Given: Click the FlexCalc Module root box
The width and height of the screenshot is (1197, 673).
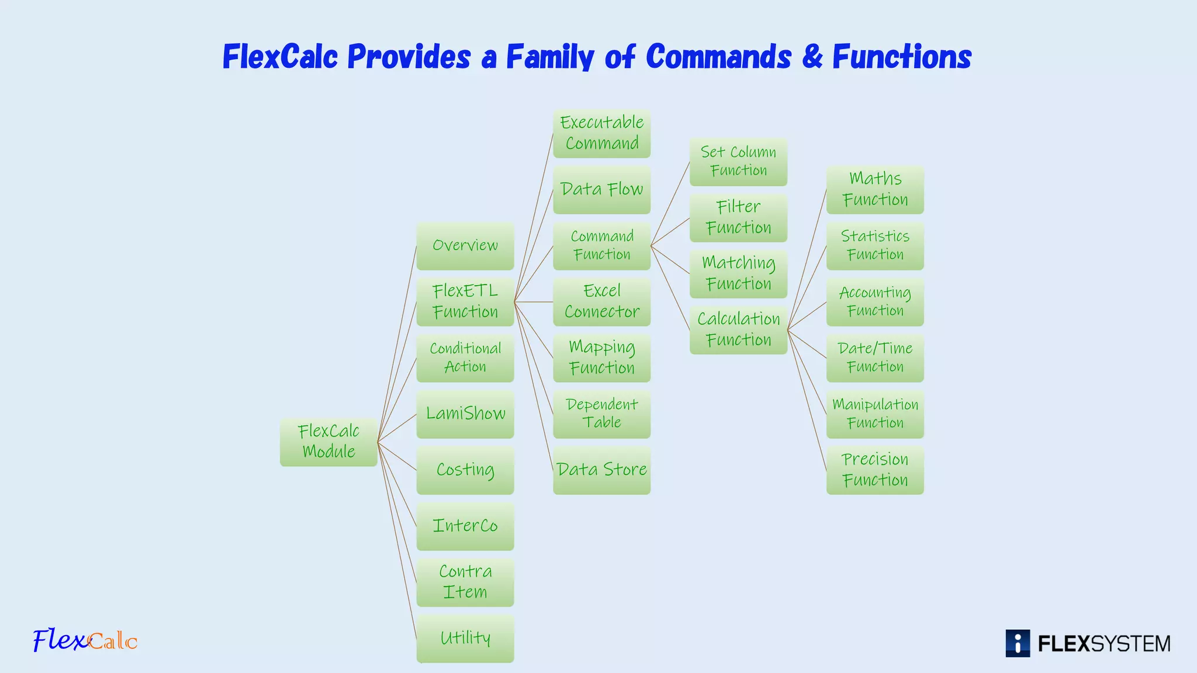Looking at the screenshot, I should pyautogui.click(x=328, y=442).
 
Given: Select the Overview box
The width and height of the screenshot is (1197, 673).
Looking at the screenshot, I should pyautogui.click(x=465, y=245).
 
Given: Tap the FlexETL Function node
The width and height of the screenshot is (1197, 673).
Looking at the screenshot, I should pyautogui.click(x=465, y=301).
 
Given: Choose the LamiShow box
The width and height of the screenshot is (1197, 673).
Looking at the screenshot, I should pyautogui.click(x=465, y=414).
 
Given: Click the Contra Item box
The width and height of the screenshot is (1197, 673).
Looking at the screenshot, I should pyautogui.click(x=465, y=582).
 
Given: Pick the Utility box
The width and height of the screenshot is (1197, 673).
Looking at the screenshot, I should pyautogui.click(x=465, y=638).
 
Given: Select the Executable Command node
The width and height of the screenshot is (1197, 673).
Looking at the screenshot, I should pyautogui.click(x=601, y=133).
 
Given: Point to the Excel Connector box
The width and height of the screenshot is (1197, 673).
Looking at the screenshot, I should pyautogui.click(x=601, y=301).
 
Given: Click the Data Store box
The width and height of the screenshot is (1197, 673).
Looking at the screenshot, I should pyautogui.click(x=601, y=470).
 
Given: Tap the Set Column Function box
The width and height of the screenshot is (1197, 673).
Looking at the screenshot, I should pyautogui.click(x=738, y=161).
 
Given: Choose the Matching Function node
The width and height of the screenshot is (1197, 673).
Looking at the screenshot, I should pyautogui.click(x=738, y=273).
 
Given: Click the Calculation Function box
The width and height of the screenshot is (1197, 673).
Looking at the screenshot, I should pyautogui.click(x=738, y=329).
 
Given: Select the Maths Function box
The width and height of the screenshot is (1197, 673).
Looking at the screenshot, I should pyautogui.click(x=875, y=189).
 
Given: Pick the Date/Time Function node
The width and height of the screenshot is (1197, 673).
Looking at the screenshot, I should pyautogui.click(x=875, y=358).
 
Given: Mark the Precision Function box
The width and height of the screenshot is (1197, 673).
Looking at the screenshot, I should pyautogui.click(x=875, y=470).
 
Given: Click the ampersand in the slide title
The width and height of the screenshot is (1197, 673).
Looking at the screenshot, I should pyautogui.click(x=812, y=57).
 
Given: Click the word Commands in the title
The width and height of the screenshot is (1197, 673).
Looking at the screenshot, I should pyautogui.click(x=718, y=57).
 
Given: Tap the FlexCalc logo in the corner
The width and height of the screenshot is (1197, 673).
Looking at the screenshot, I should pyautogui.click(x=85, y=640).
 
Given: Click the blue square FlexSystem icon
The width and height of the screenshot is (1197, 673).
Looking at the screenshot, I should pyautogui.click(x=1018, y=643).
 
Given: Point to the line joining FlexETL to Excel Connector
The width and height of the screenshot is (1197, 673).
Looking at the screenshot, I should pyautogui.click(x=534, y=302).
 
